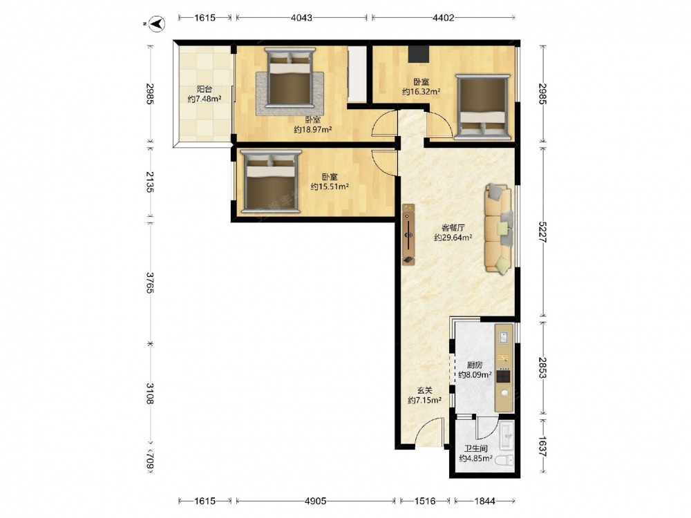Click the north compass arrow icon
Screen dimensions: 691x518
(156, 23)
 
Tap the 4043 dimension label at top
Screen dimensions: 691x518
(301, 18)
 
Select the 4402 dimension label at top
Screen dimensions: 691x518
(444, 18)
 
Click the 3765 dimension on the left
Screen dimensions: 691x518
(150, 283)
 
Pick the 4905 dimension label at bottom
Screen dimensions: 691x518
(316, 501)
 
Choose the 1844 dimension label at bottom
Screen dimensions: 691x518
(485, 501)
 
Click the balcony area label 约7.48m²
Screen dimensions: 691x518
(205, 99)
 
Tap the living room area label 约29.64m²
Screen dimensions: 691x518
(453, 238)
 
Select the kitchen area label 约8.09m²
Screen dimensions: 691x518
(475, 375)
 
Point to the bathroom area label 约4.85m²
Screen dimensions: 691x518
(476, 459)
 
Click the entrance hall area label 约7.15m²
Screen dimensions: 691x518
(425, 401)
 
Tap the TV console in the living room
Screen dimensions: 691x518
(408, 234)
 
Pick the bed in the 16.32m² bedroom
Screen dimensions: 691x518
(482, 107)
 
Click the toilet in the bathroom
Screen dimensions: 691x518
(504, 461)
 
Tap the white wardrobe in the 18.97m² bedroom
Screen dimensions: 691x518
(357, 75)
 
